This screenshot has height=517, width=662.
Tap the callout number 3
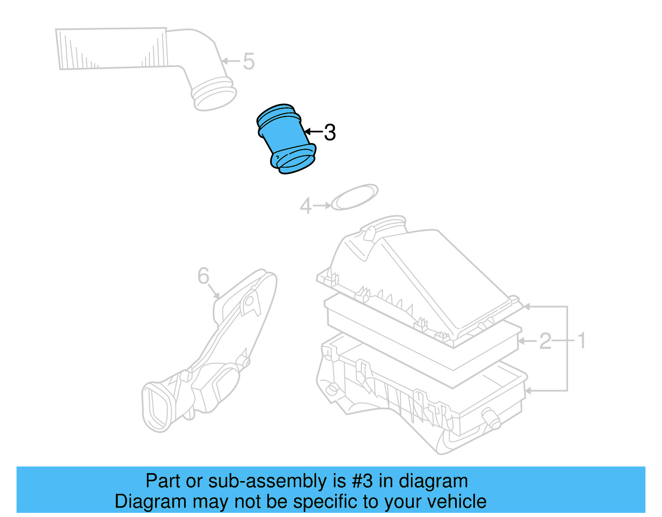tap(330, 133)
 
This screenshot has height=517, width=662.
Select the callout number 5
tap(248, 62)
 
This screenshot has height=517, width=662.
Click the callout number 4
tap(305, 206)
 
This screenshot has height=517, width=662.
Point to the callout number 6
tap(203, 276)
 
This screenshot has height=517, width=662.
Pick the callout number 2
tap(545, 341)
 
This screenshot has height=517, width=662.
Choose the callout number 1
tap(581, 341)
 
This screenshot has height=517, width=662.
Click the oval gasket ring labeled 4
tap(355, 197)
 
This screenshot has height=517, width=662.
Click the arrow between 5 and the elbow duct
tap(230, 61)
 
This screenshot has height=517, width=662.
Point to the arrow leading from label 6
tap(213, 291)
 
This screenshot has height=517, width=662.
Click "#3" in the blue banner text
tap(362, 481)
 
